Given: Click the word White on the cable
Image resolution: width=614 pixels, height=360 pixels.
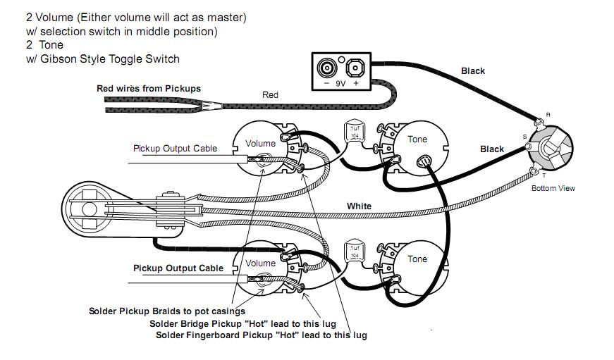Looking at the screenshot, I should (x=359, y=206).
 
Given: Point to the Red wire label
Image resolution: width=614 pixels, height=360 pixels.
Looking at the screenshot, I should (x=270, y=95).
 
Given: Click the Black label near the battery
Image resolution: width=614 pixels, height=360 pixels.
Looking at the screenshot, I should (x=473, y=71).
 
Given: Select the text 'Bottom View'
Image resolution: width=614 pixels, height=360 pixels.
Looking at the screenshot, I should (x=553, y=188).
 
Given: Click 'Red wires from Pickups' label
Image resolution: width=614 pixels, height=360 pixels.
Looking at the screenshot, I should (x=149, y=89).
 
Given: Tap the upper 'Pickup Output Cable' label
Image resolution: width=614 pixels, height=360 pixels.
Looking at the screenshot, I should (x=175, y=149).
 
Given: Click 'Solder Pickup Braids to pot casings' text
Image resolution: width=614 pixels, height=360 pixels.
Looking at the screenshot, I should (x=166, y=311).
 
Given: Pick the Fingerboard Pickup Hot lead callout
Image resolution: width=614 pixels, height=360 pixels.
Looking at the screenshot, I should (x=261, y=335).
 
